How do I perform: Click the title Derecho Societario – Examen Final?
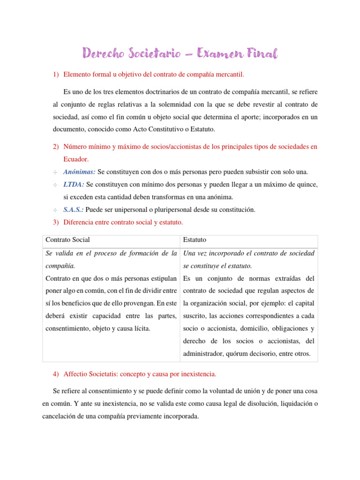tap(180, 53)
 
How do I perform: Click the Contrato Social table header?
tap(67, 240)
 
